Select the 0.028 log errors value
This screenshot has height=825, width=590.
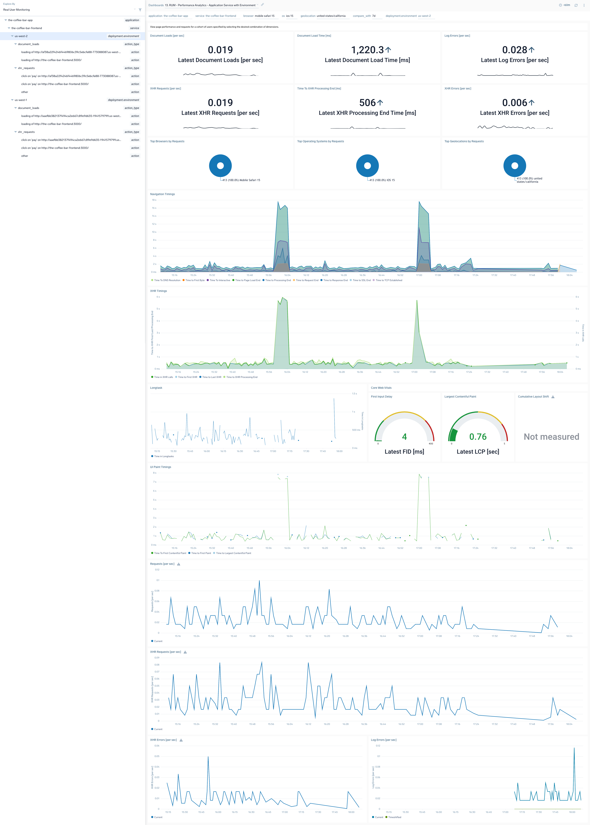pyautogui.click(x=514, y=50)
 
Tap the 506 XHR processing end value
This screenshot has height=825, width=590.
pyautogui.click(x=367, y=103)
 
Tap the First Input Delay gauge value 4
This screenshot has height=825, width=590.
pyautogui.click(x=404, y=437)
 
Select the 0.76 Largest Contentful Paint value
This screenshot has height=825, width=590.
pyautogui.click(x=478, y=437)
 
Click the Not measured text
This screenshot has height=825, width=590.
pyautogui.click(x=551, y=437)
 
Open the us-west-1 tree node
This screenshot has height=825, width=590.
pyautogui.click(x=21, y=100)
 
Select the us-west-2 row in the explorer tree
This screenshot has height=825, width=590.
pyautogui.click(x=21, y=36)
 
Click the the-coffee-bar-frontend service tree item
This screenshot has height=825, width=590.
pyautogui.click(x=26, y=28)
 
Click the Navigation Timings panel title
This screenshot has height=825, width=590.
pyautogui.click(x=162, y=194)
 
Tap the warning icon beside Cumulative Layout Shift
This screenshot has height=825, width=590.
pyautogui.click(x=553, y=397)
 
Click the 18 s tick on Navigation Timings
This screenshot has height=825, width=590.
pyautogui.click(x=154, y=200)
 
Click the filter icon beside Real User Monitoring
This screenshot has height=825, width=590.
pyautogui.click(x=140, y=10)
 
